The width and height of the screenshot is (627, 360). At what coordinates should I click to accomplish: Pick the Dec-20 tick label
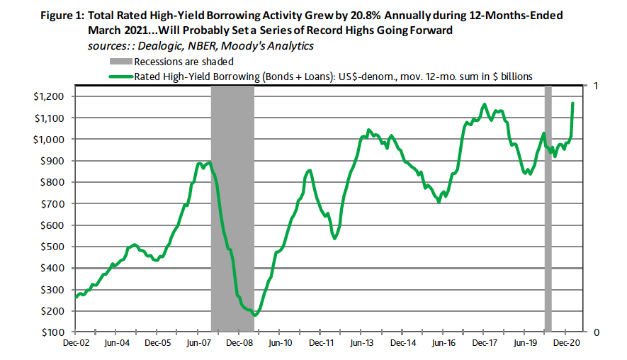567,342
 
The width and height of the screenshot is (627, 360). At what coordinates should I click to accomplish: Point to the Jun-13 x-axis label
362,342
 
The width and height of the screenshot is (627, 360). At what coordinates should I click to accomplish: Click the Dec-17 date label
485,342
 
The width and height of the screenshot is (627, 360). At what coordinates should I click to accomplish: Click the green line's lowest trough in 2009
256,315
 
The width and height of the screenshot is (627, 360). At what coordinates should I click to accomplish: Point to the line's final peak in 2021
572,103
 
